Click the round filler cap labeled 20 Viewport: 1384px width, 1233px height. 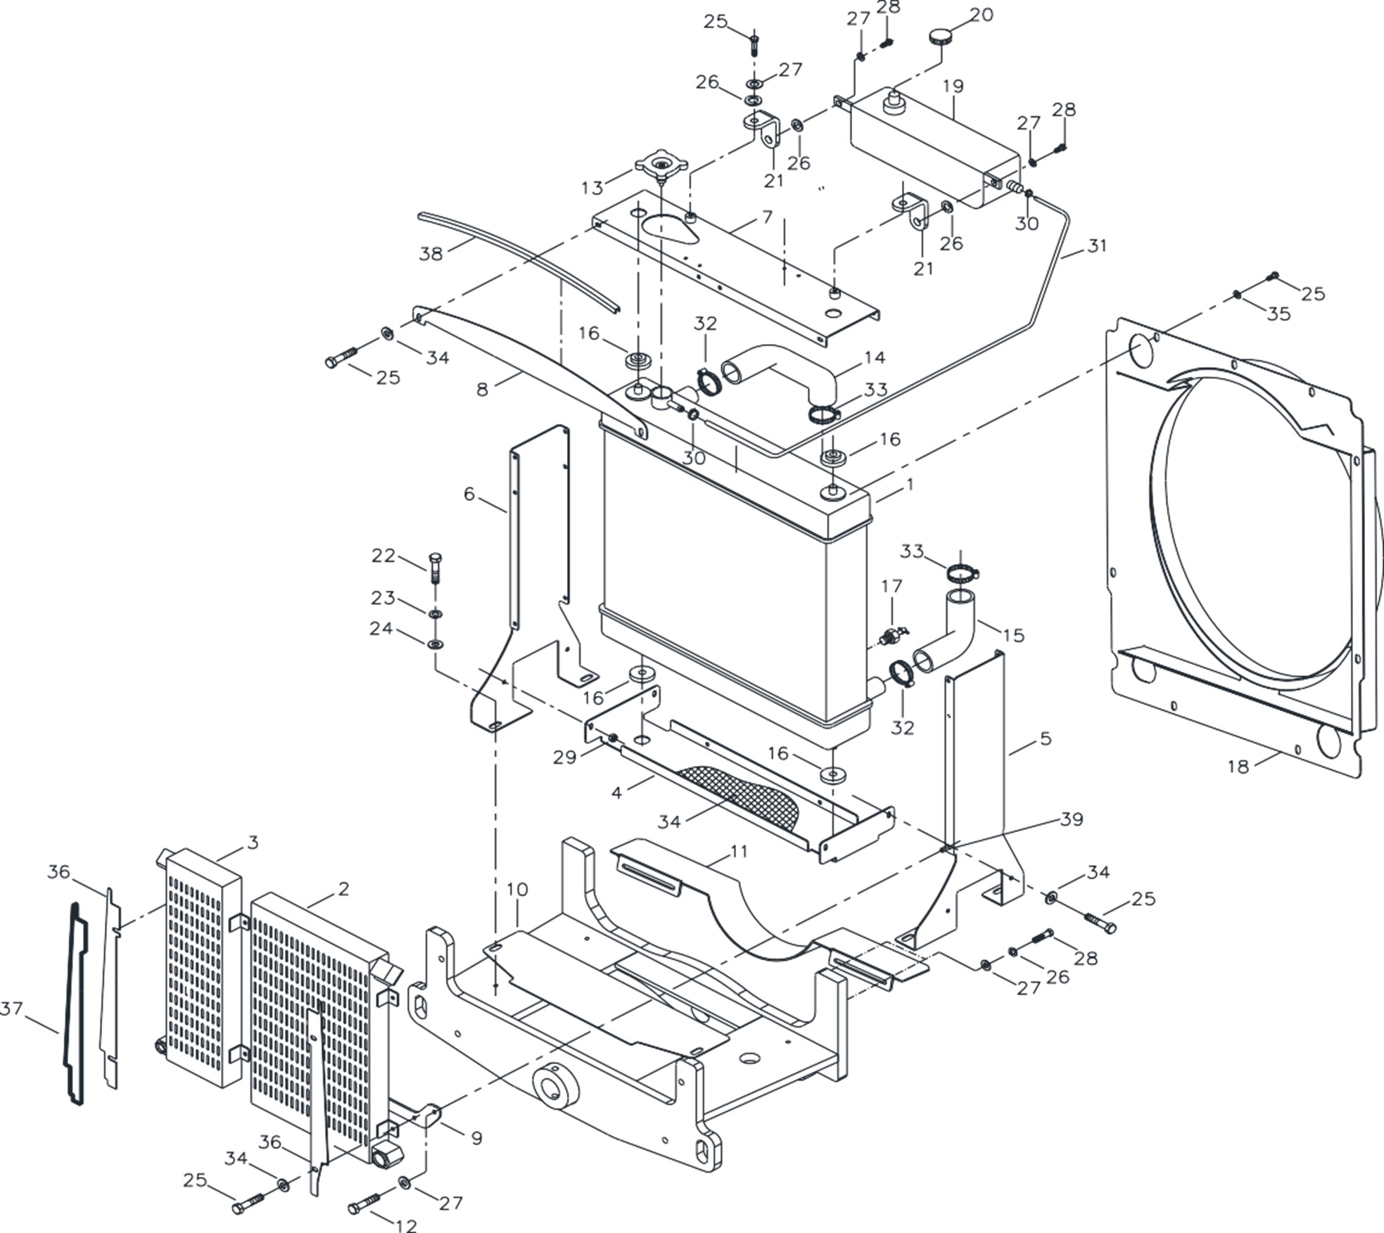939,37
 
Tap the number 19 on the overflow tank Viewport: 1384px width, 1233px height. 953,87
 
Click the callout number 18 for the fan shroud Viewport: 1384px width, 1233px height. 1238,767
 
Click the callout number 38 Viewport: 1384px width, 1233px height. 431,254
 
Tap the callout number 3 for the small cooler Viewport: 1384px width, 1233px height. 253,842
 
